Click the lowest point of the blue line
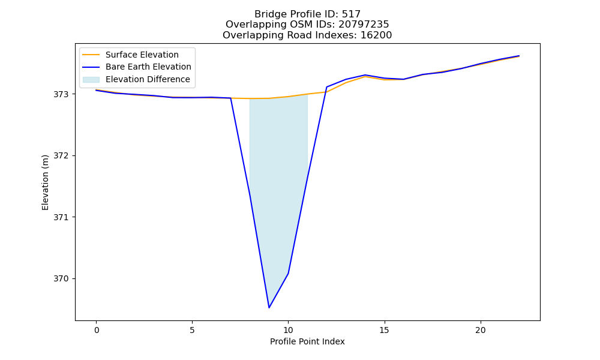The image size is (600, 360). pos(269,308)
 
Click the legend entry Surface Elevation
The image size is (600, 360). pos(142,55)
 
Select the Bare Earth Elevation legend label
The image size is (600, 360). pos(148,67)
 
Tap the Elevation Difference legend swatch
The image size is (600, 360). pos(91,80)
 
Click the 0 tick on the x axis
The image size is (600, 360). pos(97,330)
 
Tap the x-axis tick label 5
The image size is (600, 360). pos(192,330)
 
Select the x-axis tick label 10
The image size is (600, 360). pos(288,330)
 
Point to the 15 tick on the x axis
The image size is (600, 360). pos(384,330)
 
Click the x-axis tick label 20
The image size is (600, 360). pos(480,330)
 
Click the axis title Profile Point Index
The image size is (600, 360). pos(307,341)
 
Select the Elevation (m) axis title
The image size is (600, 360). pos(45,182)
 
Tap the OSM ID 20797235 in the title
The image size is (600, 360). pos(364,25)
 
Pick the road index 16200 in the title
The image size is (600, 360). pos(376,35)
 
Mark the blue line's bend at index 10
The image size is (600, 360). pos(288,273)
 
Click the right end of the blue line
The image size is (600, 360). pos(519,56)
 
